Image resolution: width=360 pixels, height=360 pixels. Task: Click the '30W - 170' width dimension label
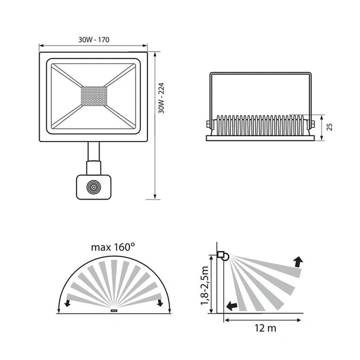(94, 40)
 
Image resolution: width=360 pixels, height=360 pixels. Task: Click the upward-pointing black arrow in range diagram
(297, 261)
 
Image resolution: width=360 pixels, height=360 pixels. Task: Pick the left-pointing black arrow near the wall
(232, 306)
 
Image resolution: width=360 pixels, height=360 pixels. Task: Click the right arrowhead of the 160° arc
(160, 304)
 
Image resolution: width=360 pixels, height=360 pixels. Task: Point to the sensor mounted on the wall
(223, 256)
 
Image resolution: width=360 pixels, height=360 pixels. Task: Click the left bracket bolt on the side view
(208, 124)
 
